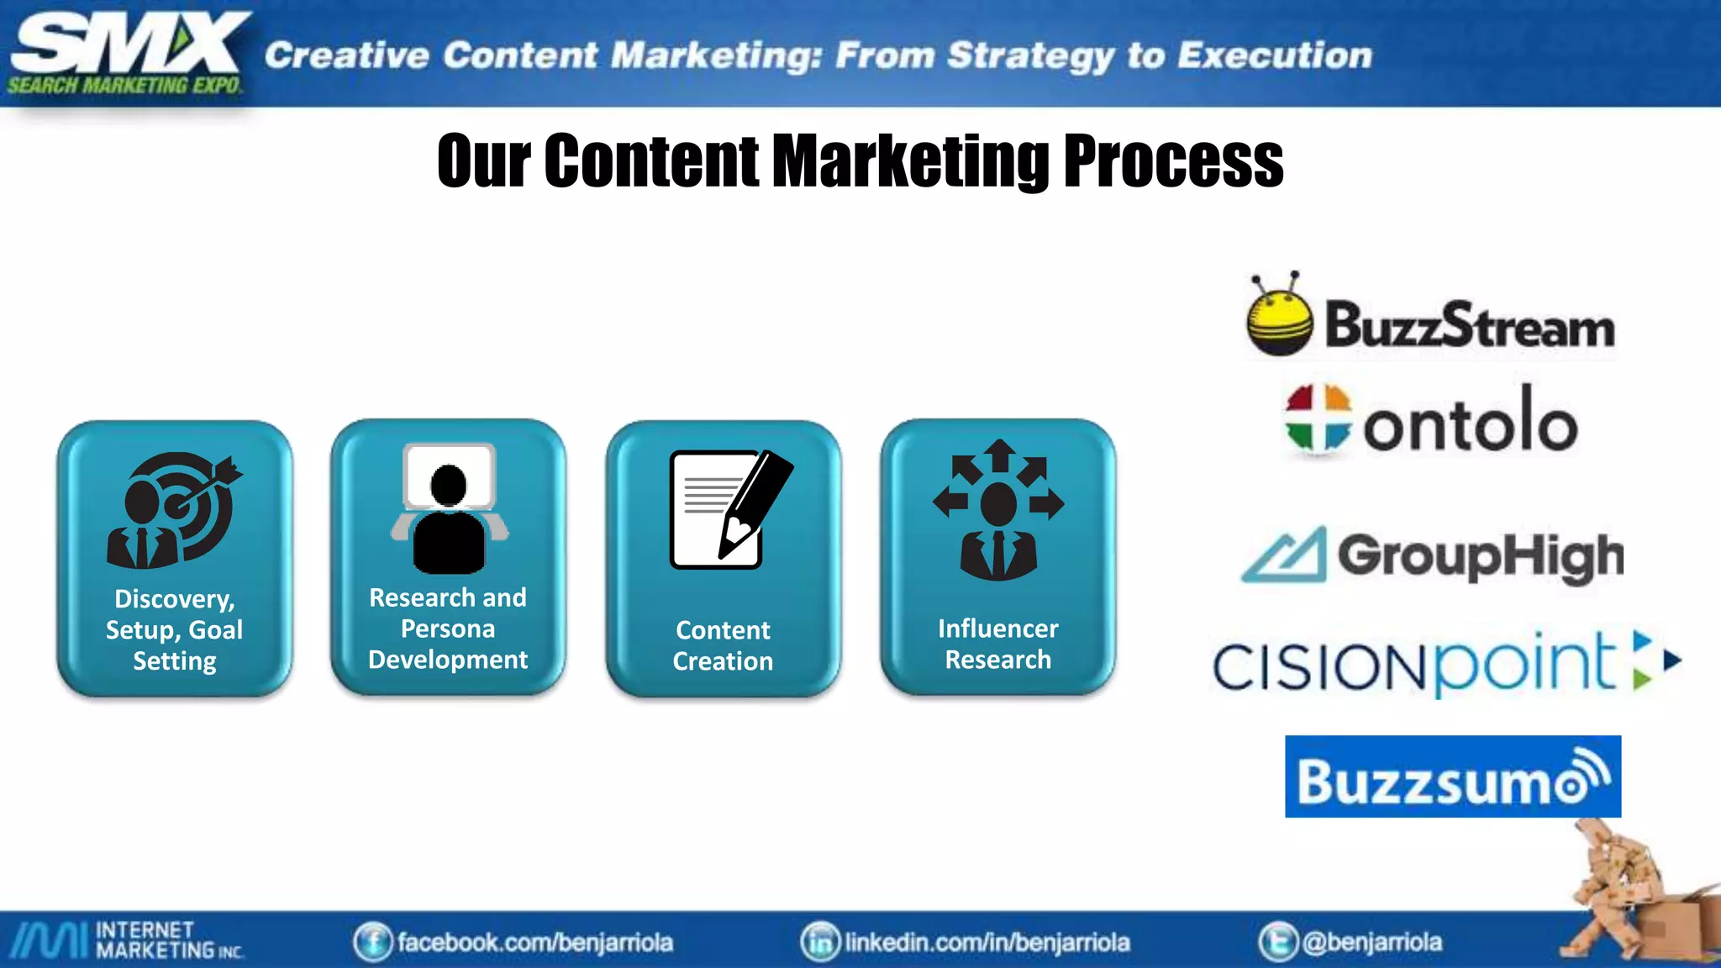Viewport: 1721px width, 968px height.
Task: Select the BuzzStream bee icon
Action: pos(1279,317)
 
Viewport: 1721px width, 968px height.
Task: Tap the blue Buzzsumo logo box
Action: pos(1452,776)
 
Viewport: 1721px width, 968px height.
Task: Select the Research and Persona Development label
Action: pos(448,629)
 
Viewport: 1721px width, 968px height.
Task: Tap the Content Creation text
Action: pos(723,645)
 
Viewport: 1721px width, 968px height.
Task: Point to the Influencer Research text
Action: pos(997,644)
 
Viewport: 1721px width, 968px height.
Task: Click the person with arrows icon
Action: pos(998,509)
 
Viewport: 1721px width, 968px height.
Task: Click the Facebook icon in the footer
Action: pos(372,942)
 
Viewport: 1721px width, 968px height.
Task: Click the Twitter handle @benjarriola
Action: pos(1371,942)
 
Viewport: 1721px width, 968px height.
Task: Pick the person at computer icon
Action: pos(449,509)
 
